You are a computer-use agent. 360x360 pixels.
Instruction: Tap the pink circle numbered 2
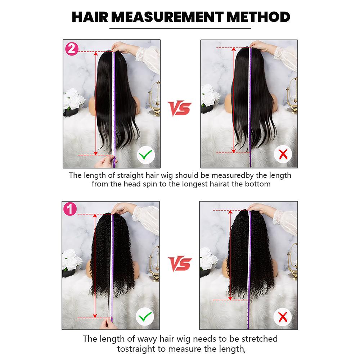tap(71, 49)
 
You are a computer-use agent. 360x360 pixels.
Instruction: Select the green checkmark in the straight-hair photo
tap(146, 155)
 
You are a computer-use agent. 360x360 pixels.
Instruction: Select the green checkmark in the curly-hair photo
tap(145, 317)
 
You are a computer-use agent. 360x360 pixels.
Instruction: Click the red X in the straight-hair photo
tap(283, 155)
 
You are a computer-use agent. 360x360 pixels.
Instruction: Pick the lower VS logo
tap(180, 264)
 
